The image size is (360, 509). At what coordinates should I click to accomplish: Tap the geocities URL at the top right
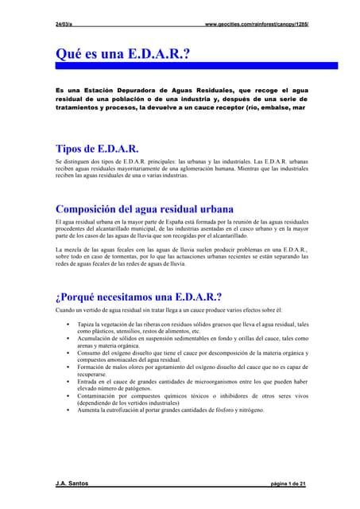[256, 25]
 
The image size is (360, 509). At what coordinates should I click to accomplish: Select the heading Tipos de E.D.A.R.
[98, 149]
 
